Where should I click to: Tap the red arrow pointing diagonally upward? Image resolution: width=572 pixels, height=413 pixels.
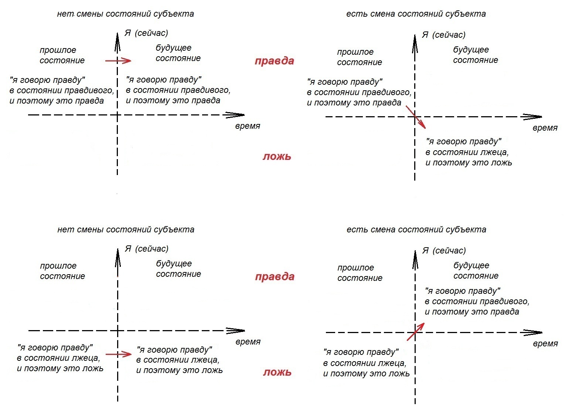(416, 332)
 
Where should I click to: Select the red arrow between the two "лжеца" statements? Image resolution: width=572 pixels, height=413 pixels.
(119, 354)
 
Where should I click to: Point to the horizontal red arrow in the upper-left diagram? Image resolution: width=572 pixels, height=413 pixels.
(119, 61)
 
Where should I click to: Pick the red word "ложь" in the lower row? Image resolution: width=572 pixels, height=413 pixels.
(278, 372)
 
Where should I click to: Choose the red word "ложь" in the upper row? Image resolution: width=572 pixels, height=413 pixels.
(277, 156)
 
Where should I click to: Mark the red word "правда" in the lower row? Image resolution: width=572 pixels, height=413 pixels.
(275, 277)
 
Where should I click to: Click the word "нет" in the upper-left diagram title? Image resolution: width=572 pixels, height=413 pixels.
(65, 14)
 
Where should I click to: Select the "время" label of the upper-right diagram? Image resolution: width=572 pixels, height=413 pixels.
(545, 128)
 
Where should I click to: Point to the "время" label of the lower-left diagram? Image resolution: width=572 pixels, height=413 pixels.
(248, 342)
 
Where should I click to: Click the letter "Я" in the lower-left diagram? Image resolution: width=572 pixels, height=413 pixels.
(128, 249)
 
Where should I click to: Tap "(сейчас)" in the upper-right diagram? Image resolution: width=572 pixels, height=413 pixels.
(449, 35)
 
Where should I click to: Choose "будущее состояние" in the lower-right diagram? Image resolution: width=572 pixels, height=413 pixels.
(476, 271)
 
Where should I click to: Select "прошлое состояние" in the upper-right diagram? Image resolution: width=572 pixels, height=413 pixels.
(360, 57)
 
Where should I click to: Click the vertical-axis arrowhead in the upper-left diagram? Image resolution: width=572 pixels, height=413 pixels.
(117, 42)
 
